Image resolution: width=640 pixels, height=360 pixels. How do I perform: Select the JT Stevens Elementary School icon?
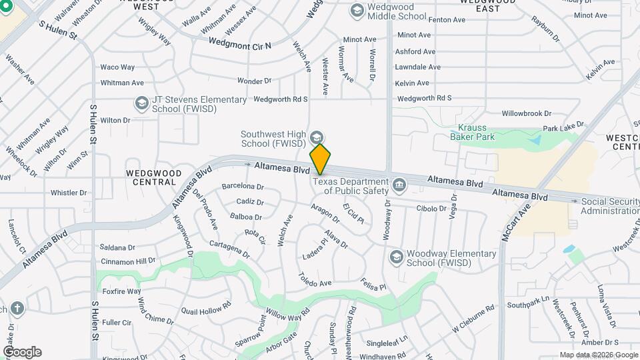(141, 103)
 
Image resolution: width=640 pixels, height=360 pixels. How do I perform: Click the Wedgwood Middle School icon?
(357, 11)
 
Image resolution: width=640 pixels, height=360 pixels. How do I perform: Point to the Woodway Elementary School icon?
(396, 257)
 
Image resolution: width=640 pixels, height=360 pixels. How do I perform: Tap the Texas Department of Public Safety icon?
(399, 184)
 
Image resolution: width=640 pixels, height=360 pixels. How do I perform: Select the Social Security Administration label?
(609, 206)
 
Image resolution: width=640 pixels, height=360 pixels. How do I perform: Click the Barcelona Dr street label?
(243, 187)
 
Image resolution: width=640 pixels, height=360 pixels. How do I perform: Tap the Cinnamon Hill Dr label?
(128, 261)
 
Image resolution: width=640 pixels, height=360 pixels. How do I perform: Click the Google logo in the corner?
(22, 351)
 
